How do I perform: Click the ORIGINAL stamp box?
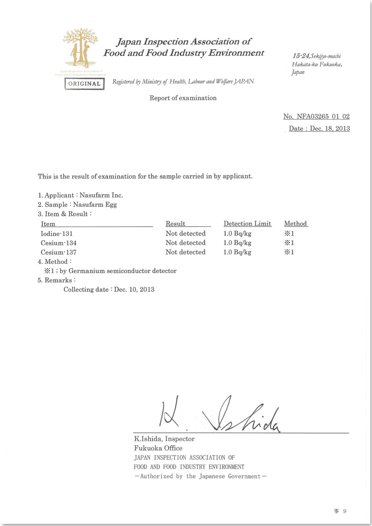[84, 84]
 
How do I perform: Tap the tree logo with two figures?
[80, 48]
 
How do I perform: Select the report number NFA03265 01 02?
[323, 116]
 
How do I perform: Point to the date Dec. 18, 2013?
[329, 128]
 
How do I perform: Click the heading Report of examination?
[183, 98]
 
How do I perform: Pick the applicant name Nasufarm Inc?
[101, 195]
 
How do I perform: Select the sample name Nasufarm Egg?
[95, 205]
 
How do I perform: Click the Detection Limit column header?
[247, 224]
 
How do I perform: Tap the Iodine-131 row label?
[57, 233]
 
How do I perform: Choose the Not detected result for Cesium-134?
[185, 243]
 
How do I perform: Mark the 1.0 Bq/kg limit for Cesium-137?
[237, 252]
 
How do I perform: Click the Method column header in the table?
[295, 224]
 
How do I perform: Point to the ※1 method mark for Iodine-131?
[289, 233]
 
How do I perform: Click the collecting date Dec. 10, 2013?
[134, 290]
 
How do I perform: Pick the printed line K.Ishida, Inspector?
[164, 439]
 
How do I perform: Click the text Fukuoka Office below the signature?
[158, 448]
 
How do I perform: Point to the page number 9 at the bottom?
[345, 511]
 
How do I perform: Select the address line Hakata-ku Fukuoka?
[316, 64]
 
